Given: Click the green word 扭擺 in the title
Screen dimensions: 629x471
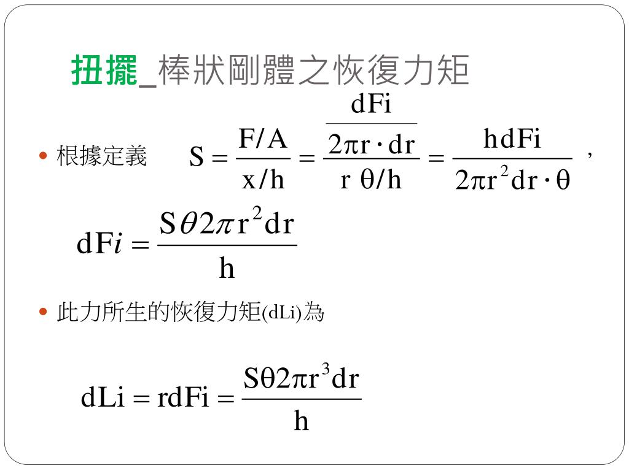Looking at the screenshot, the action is coord(104,71).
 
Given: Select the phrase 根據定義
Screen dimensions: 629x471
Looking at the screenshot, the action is coord(101,156).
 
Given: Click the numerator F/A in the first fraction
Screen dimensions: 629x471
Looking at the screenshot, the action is coord(263,140).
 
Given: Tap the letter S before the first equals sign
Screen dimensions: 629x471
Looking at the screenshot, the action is coord(196,159).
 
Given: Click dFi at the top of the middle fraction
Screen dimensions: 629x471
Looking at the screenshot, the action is coord(371,105).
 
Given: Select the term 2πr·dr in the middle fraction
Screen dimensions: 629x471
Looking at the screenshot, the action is coord(372,146).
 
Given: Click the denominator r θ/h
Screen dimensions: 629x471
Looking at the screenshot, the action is coord(371,180).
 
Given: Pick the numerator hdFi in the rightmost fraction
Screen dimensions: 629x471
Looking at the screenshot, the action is coord(512,140).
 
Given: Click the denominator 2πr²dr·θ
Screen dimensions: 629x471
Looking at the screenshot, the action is coord(512,181).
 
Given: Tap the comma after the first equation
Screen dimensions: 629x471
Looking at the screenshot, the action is coord(590,156).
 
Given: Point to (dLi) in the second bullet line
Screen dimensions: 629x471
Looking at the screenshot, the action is coord(282,313).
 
